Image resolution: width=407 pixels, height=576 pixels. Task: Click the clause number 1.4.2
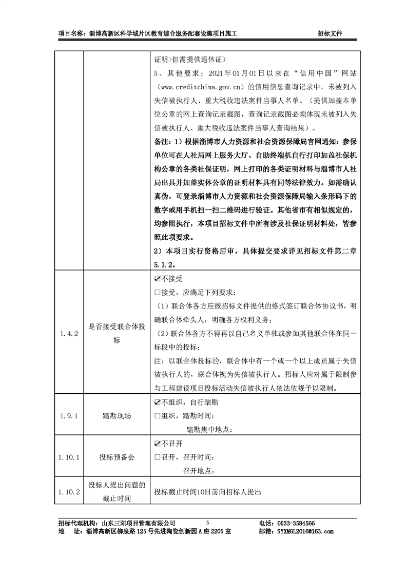click(x=69, y=334)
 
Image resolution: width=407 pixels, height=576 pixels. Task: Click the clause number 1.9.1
click(x=69, y=416)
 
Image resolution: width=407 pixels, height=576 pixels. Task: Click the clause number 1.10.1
click(x=69, y=457)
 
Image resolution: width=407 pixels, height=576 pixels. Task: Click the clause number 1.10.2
click(x=69, y=491)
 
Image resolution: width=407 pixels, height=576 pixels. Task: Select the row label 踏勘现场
click(x=116, y=416)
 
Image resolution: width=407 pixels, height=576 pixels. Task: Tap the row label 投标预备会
click(x=116, y=457)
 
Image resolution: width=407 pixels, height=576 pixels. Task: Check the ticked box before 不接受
click(x=157, y=280)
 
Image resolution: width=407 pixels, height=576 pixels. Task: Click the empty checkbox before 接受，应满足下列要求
click(x=157, y=293)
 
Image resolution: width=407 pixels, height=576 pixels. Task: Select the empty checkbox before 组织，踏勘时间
click(x=157, y=416)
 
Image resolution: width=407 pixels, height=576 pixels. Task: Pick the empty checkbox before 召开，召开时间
click(x=157, y=457)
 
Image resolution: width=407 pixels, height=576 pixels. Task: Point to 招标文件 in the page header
click(x=330, y=33)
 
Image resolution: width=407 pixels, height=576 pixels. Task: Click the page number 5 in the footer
click(x=208, y=522)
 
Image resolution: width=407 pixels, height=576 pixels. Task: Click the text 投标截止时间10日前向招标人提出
click(x=208, y=491)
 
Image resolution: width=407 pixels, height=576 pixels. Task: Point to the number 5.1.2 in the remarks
click(x=164, y=264)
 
